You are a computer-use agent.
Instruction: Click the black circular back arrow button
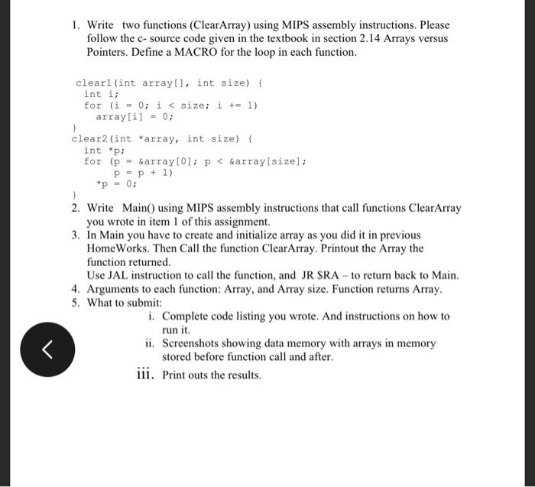(47, 351)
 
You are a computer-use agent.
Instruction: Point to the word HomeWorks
(119, 249)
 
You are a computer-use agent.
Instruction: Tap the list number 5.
(76, 302)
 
